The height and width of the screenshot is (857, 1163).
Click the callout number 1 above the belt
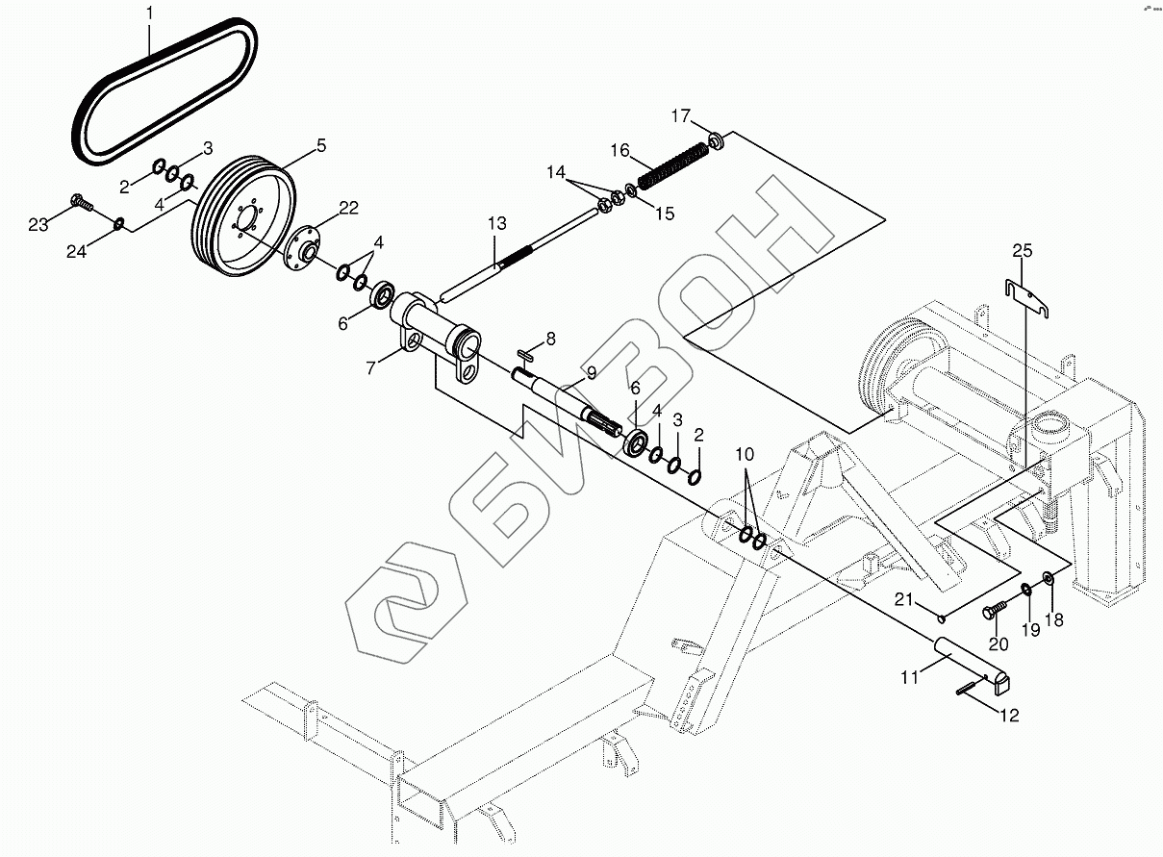click(149, 13)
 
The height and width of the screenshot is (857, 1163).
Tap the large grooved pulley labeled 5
click(243, 214)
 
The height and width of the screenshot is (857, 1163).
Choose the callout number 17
click(681, 115)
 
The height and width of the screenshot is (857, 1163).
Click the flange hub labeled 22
click(303, 246)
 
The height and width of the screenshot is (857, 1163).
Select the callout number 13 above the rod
click(497, 224)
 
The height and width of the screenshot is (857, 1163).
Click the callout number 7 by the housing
click(370, 368)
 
